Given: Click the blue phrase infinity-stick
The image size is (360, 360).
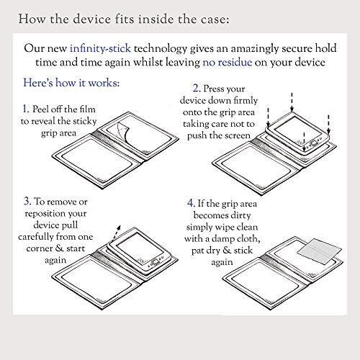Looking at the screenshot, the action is point(100,48).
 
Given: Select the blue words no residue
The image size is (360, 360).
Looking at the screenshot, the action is point(228,63).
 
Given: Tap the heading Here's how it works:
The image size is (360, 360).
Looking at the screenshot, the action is point(71,83).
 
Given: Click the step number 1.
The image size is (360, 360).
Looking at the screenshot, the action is point(26,109).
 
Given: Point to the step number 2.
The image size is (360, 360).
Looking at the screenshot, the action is point(197,89).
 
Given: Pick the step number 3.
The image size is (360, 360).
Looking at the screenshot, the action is point(27,201).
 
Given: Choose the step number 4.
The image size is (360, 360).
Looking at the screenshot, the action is point(191,203).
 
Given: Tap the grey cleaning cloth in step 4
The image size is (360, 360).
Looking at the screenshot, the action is point(320,251).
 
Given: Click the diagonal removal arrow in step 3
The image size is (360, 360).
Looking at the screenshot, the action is point(117,233).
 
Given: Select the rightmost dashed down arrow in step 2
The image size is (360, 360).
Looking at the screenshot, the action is point(328,125).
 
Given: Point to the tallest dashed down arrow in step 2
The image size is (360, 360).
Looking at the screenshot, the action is point(292,102).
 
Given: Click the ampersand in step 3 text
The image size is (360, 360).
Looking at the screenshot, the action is point(59,248).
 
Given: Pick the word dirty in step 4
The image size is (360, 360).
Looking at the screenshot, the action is point(240,215).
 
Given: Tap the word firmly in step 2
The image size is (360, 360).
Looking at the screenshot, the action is point(246,100).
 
